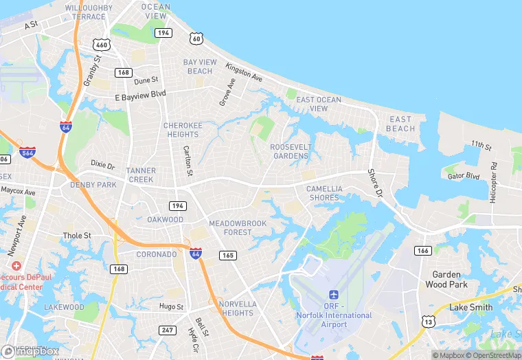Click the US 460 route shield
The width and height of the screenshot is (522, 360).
coord(102,45)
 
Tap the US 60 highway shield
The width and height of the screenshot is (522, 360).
coord(197,38)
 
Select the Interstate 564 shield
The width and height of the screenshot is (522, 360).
coord(27,153)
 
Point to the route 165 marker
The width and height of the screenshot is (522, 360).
coord(228,255)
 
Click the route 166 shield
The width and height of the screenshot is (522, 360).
coord(423,251)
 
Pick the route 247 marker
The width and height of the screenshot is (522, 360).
coord(167,330)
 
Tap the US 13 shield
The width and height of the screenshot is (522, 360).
coord(429,322)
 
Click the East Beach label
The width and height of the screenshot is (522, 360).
coord(400,124)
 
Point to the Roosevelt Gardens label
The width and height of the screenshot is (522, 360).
coord(290,151)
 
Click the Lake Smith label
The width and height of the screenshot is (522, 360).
coord(470,307)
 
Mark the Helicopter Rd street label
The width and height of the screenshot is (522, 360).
coord(493,183)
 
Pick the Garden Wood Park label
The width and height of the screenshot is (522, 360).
coord(446,279)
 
